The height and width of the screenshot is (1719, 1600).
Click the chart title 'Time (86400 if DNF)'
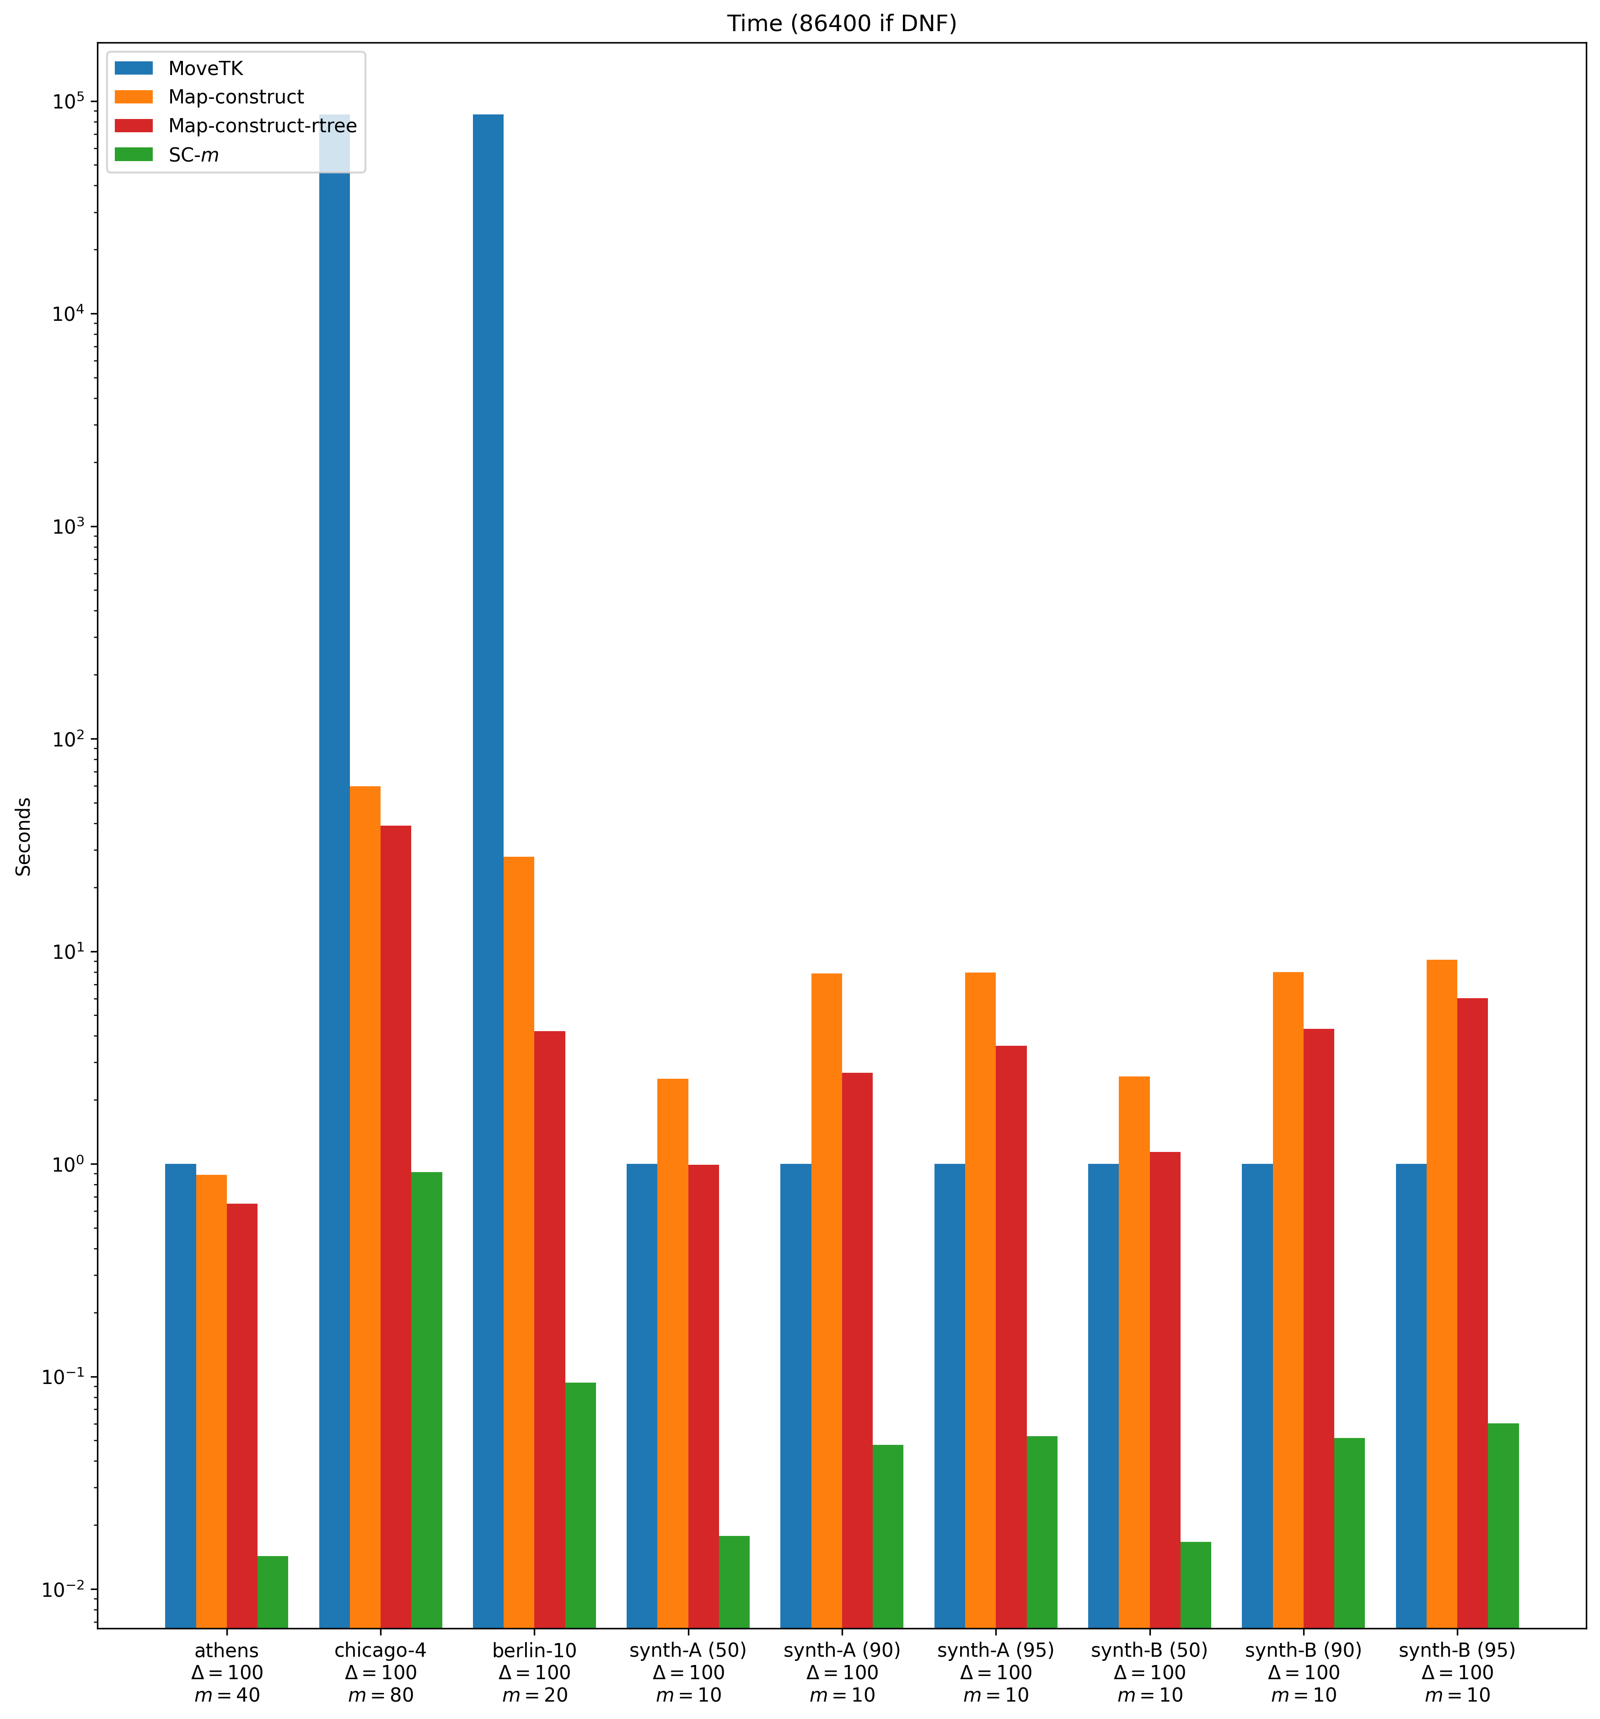tap(841, 23)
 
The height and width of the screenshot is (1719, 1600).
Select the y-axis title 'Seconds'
tap(24, 836)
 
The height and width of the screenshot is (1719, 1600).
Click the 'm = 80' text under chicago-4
tap(381, 1695)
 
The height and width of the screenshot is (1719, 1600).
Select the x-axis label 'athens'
tap(226, 1650)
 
